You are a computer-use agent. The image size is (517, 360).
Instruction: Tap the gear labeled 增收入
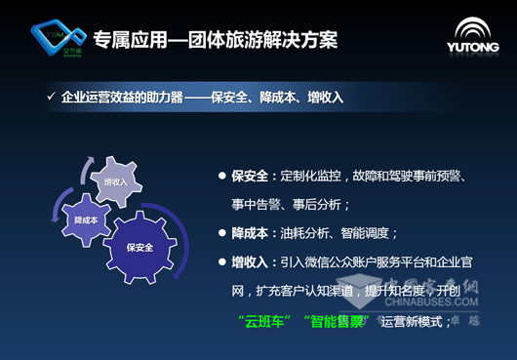[x=116, y=181]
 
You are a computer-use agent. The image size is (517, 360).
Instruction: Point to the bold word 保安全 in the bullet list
[x=250, y=176]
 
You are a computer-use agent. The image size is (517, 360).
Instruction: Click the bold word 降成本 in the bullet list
[x=250, y=233]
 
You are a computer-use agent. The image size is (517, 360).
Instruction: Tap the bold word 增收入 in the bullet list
[x=250, y=261]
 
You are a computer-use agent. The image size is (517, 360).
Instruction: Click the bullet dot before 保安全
[x=223, y=177]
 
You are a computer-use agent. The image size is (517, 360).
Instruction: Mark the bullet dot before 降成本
[x=223, y=234]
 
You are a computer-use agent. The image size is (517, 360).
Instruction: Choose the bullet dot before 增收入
[x=223, y=262]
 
